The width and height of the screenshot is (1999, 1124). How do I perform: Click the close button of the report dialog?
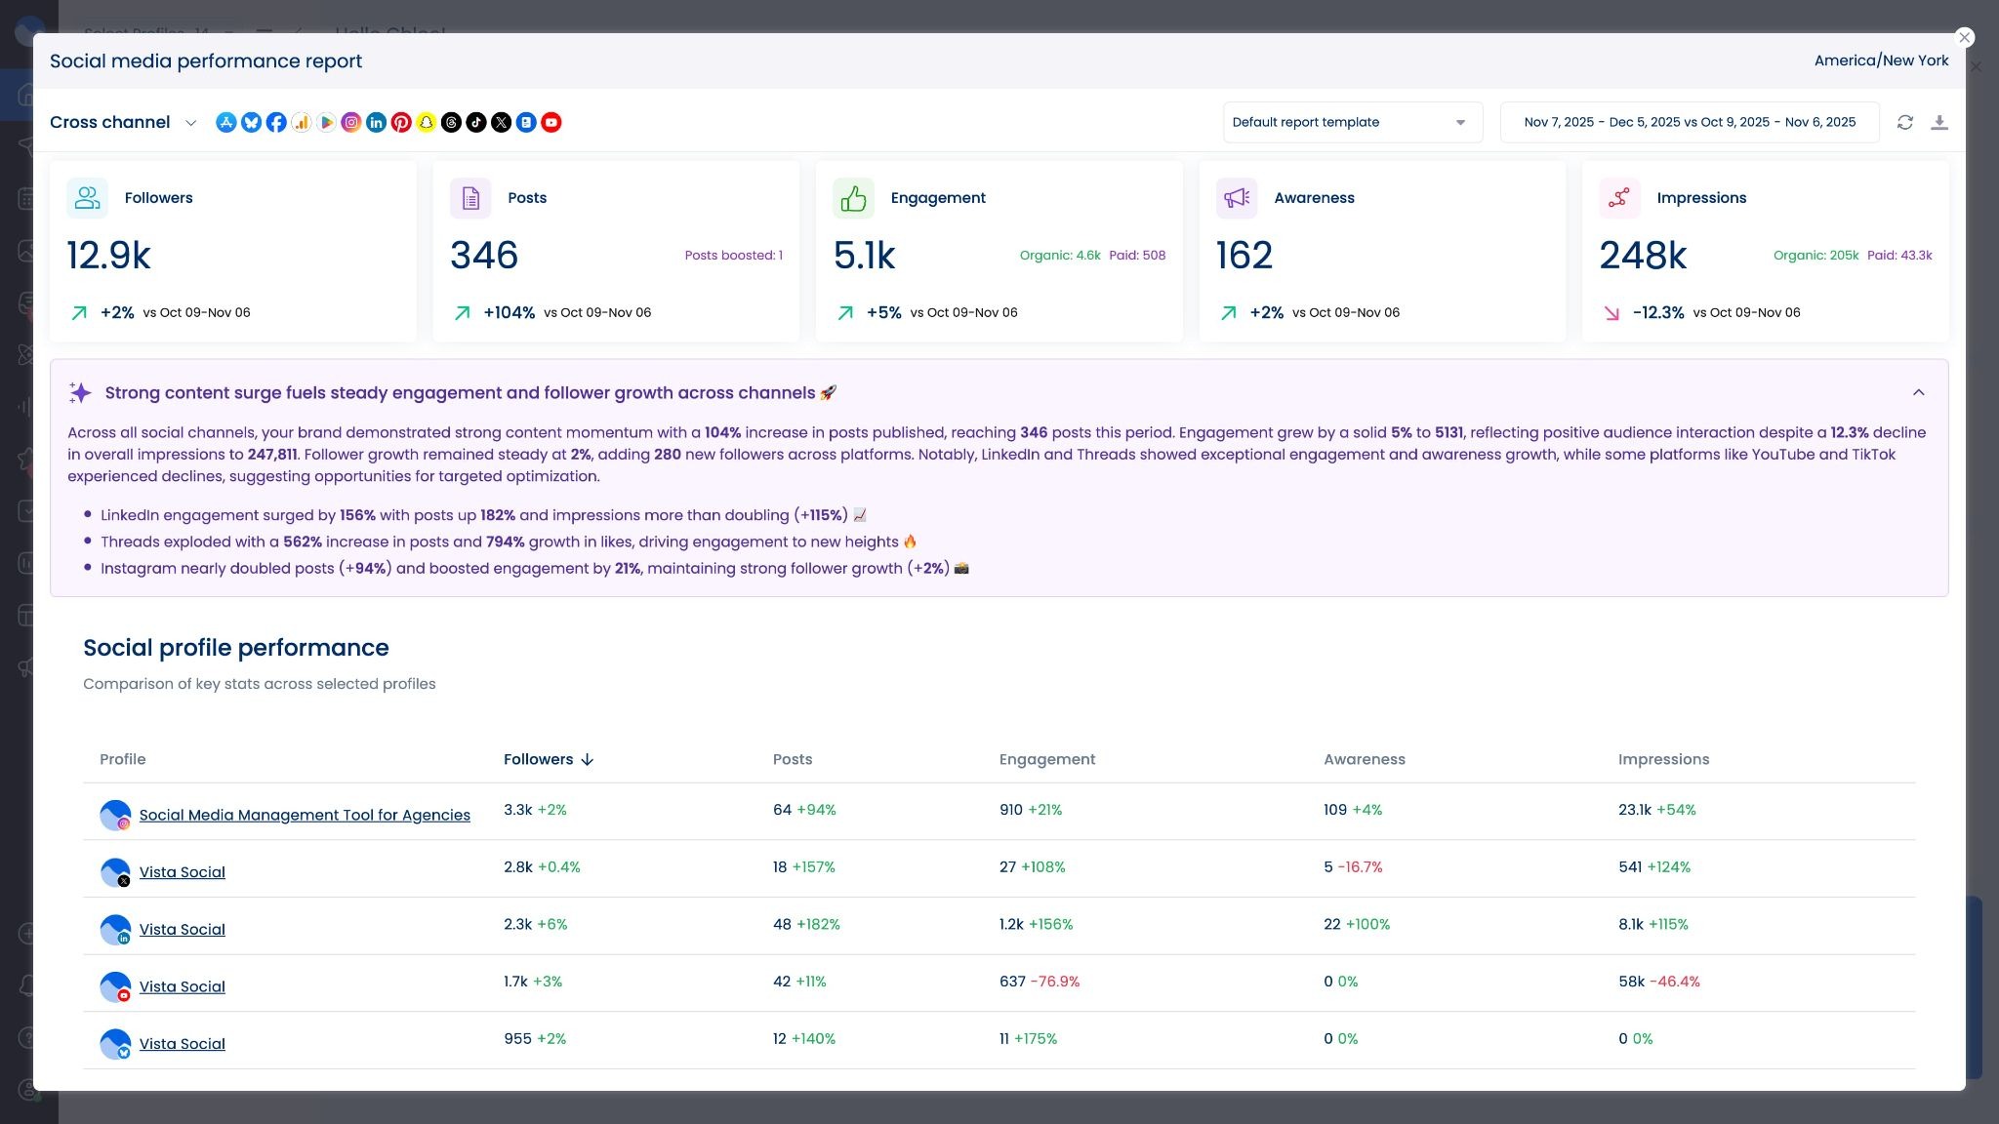tap(1964, 37)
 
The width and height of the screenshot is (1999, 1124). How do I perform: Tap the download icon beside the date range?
tap(1939, 122)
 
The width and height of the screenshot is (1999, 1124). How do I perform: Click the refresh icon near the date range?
tap(1904, 122)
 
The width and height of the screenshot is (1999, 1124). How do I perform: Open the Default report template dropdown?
tap(1352, 122)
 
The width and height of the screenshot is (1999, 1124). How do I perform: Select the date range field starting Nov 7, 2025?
tap(1689, 122)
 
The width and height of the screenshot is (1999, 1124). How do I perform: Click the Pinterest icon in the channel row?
tap(401, 122)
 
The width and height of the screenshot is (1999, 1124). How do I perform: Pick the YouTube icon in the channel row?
tap(551, 122)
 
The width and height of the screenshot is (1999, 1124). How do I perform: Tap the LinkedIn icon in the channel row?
tap(376, 122)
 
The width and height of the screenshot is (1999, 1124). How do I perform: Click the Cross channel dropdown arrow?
tap(191, 123)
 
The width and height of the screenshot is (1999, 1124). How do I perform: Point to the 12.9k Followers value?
tap(108, 256)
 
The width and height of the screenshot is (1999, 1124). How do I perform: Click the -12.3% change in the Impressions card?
tap(1657, 313)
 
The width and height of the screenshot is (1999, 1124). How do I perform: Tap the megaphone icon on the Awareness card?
tap(1236, 198)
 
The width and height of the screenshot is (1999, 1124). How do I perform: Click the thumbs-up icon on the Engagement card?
tap(853, 198)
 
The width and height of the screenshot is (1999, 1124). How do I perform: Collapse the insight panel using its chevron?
tap(1918, 392)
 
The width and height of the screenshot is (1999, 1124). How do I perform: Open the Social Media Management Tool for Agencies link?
tap(305, 815)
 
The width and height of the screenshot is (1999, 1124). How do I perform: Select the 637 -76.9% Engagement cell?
tap(1039, 982)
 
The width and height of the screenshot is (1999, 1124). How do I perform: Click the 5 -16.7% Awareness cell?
tap(1352, 866)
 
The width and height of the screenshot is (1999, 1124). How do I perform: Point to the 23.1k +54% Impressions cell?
tap(1656, 810)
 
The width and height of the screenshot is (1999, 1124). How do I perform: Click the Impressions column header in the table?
tap(1663, 759)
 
